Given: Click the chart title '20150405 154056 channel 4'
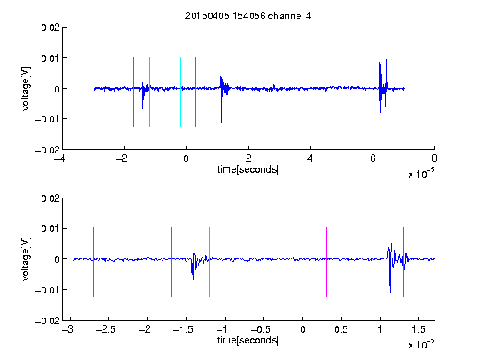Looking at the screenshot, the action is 247,16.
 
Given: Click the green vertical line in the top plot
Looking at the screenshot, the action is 149,92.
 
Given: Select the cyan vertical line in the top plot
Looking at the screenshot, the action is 180,92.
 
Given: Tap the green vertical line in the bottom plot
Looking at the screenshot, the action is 209,262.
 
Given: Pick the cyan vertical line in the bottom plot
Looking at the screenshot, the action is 287,262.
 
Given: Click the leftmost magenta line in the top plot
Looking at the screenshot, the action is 102,92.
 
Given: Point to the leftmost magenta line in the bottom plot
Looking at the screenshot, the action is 93,262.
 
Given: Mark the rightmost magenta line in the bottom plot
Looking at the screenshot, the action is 403,262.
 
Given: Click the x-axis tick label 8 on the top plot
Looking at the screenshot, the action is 434,158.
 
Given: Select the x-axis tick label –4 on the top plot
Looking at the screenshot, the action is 59,158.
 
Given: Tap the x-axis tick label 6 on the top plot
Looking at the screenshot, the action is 372,158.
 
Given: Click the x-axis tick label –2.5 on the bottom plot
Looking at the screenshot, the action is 105,329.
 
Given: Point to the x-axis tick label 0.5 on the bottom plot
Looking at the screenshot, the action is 341,329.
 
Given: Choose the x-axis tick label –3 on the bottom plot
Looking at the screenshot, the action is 67,329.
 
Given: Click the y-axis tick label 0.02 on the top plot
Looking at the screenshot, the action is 51,27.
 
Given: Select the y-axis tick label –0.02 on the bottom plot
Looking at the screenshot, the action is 47,321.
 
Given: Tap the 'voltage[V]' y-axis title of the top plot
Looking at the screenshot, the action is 26,89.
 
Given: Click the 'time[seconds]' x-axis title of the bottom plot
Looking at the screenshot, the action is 248,340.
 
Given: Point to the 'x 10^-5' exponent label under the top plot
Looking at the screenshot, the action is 421,173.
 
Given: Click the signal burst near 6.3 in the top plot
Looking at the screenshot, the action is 383,87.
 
